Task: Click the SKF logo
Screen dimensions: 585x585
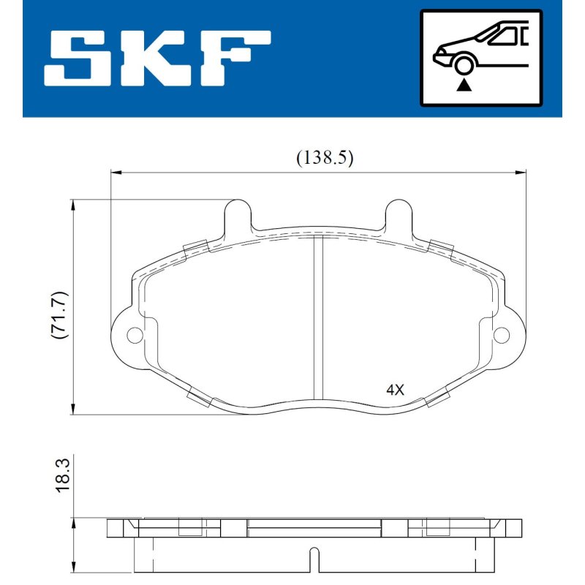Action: click(157, 58)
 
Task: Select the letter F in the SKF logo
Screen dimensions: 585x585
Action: click(235, 58)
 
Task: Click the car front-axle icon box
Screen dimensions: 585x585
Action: click(481, 58)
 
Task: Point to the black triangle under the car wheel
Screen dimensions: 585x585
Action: click(464, 85)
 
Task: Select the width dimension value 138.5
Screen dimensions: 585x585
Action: click(325, 158)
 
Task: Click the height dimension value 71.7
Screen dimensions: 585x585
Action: click(59, 315)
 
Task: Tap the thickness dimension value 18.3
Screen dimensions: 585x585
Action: click(62, 476)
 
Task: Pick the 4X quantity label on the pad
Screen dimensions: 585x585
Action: click(395, 390)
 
